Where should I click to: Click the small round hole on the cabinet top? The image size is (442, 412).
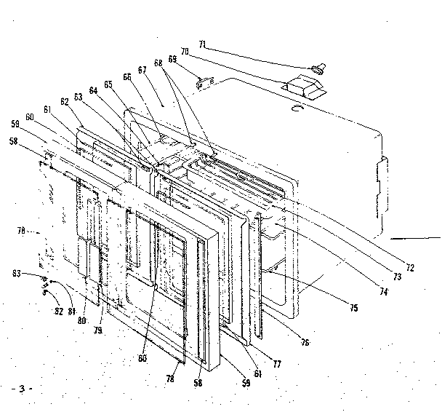(x=294, y=108)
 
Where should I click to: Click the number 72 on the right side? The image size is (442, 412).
(x=410, y=268)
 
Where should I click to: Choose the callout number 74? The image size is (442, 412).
(x=381, y=291)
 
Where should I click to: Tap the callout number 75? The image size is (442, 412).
(x=353, y=308)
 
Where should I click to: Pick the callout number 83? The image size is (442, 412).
(x=35, y=274)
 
